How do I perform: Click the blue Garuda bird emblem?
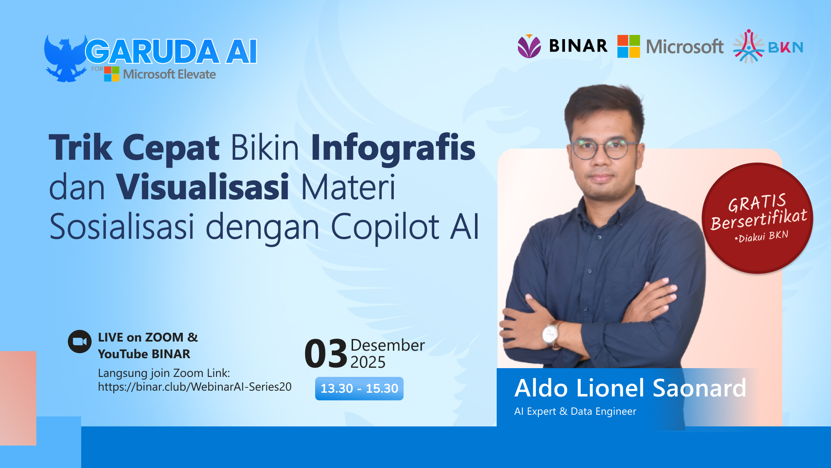tap(65, 58)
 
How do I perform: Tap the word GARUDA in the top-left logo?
tap(152, 52)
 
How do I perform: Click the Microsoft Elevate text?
tap(169, 74)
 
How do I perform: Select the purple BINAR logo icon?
tap(529, 46)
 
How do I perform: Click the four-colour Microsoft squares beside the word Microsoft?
tap(628, 46)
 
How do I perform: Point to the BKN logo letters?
tap(785, 47)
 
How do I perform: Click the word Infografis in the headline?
tap(393, 148)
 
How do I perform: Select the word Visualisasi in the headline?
tap(202, 187)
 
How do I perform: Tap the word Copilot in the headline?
tap(385, 227)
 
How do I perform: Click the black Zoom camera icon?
tap(80, 342)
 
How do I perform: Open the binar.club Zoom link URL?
tap(194, 387)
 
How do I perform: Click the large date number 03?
tap(326, 354)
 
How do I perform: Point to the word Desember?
tap(387, 345)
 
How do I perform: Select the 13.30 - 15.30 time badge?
tap(359, 389)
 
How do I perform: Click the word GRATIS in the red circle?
tap(756, 203)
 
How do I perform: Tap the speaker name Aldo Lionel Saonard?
tap(630, 388)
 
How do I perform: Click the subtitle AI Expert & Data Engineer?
tap(575, 411)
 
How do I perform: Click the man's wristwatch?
tap(551, 334)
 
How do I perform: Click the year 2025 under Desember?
tap(368, 362)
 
